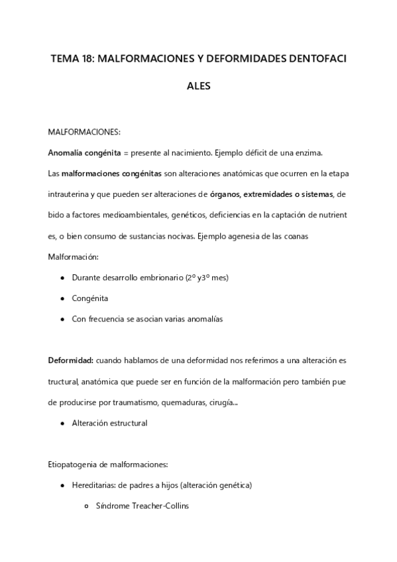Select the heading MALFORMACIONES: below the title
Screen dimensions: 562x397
84,133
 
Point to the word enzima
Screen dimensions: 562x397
308,153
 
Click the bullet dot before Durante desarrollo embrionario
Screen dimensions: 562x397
62,278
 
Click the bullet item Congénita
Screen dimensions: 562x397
90,298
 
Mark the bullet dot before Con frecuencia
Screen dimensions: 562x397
62,319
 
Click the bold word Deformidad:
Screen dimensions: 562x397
70,361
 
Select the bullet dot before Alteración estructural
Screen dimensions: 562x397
62,423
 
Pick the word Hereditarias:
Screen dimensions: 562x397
96,485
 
